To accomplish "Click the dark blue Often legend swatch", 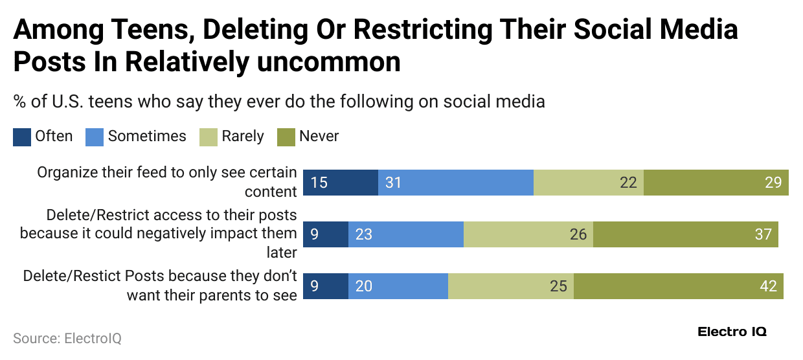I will click(x=22, y=137).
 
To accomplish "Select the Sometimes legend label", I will click(x=147, y=136).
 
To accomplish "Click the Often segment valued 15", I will click(x=341, y=183).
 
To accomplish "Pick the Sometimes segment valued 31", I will click(x=455, y=183).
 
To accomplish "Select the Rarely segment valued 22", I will click(x=588, y=183).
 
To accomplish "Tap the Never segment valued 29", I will click(x=716, y=183).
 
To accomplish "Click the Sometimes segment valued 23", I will click(x=405, y=234).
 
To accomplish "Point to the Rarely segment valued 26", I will click(x=528, y=234).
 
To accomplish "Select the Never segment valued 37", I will click(x=685, y=234).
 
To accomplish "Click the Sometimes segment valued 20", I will click(x=398, y=286).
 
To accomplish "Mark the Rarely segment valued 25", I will click(x=510, y=286).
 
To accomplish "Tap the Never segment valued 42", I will click(x=678, y=286).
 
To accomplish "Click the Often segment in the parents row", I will click(x=326, y=286).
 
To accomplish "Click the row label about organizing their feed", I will click(x=166, y=182).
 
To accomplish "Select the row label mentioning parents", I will click(x=160, y=285).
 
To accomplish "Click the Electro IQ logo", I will click(x=732, y=332).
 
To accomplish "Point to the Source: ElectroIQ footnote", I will click(x=67, y=338).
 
